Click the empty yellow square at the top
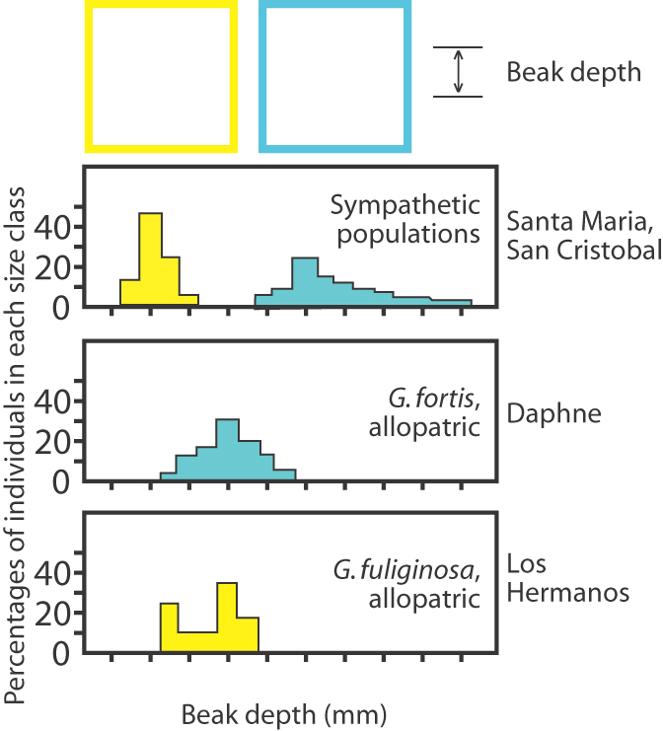[x=162, y=77]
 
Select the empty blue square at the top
[x=333, y=77]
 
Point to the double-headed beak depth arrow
[x=458, y=73]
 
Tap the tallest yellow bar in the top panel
[x=150, y=258]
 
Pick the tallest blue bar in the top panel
[x=305, y=281]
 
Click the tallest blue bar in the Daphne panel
[x=227, y=450]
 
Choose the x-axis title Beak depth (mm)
[x=284, y=710]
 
